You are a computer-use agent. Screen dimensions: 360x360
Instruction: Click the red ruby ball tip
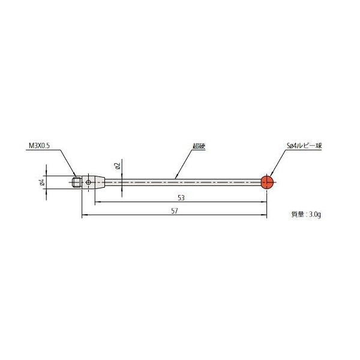tap(267, 181)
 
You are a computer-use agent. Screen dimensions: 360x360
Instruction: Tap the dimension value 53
tap(181, 197)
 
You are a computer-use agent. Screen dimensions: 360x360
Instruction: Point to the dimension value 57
tap(175, 212)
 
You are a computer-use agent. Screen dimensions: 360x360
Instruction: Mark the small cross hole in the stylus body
tap(89, 181)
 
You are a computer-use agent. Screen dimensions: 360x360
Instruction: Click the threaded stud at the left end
tap(76, 181)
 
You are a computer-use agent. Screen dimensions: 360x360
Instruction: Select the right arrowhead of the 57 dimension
tap(265, 217)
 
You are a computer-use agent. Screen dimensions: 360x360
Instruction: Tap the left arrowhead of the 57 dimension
tap(83, 217)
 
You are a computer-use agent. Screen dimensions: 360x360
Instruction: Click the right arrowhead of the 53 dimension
tap(265, 202)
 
